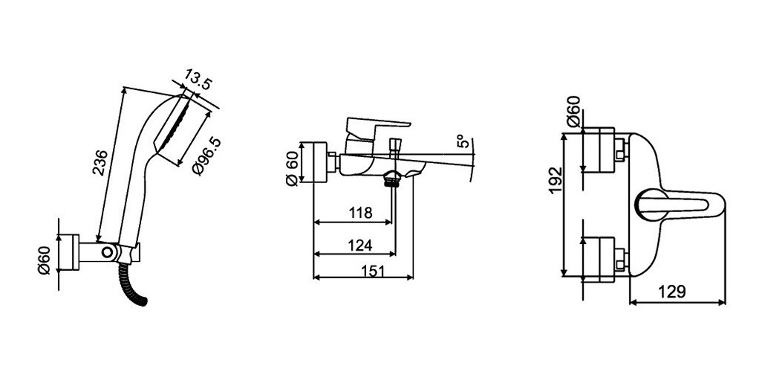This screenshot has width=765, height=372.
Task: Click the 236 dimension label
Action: pyautogui.click(x=100, y=162)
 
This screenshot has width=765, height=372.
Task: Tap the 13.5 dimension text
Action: pyautogui.click(x=198, y=80)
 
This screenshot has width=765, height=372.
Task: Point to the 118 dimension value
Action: pyautogui.click(x=360, y=213)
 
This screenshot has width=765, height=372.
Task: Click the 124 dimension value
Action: pyautogui.click(x=360, y=245)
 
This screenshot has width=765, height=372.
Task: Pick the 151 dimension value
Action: pyautogui.click(x=373, y=272)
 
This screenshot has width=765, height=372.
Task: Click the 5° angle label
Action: pyautogui.click(x=463, y=141)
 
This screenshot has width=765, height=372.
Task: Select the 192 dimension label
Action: pyautogui.click(x=556, y=180)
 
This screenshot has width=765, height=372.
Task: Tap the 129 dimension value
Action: pyautogui.click(x=672, y=292)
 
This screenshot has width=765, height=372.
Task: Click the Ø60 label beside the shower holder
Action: pyautogui.click(x=45, y=260)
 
